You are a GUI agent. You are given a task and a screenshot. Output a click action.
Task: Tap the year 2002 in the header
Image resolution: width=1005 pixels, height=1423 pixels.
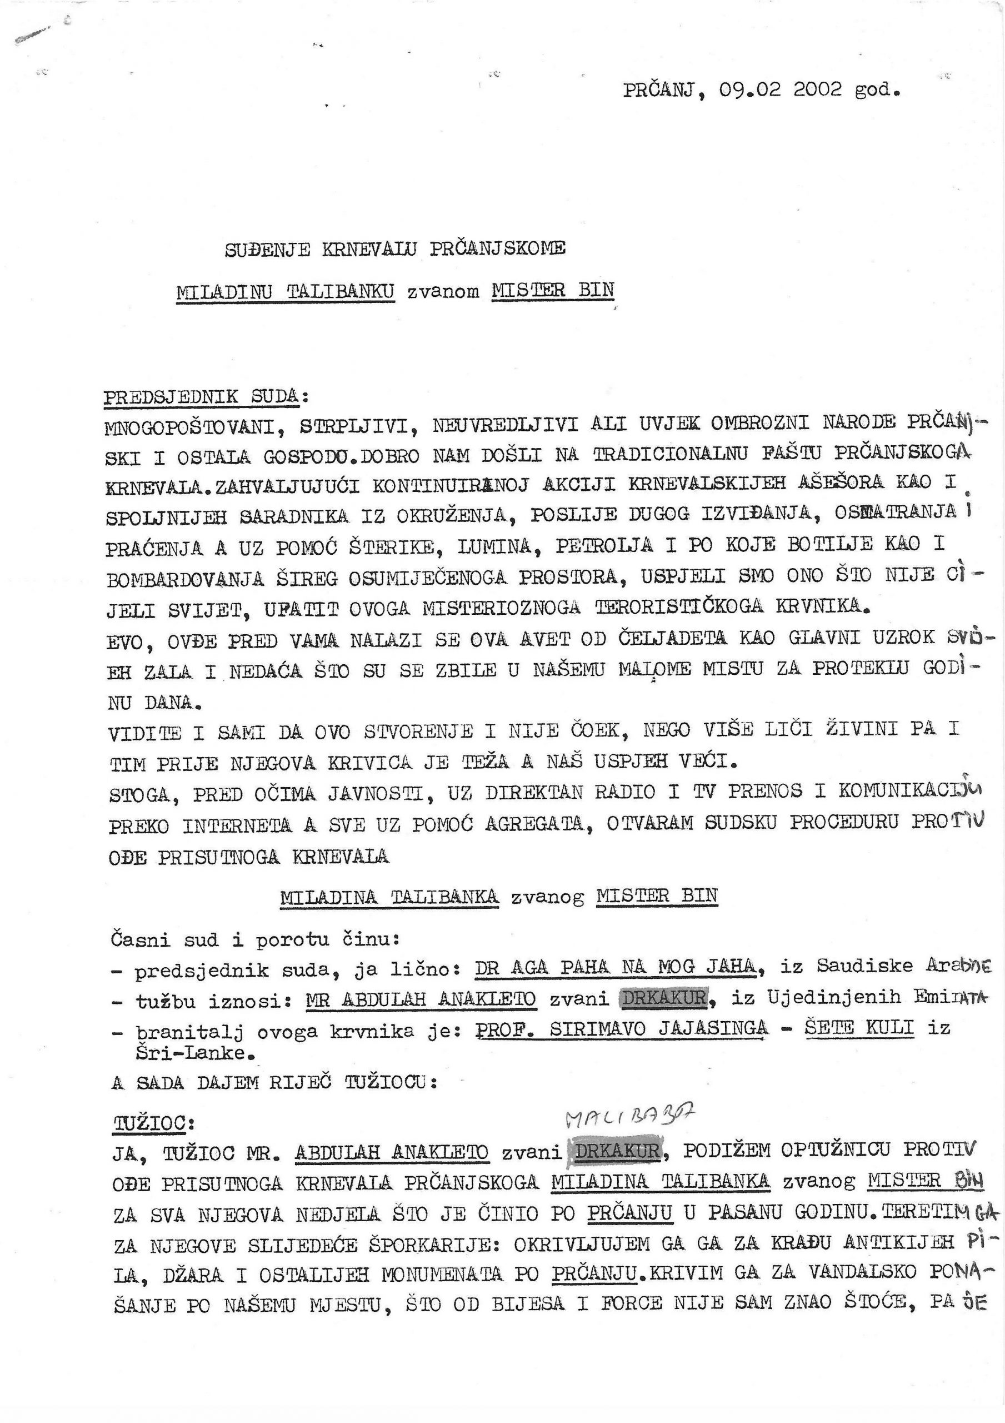[x=817, y=91]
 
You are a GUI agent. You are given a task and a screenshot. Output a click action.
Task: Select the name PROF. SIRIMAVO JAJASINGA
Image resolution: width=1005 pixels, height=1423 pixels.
[x=622, y=1029]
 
